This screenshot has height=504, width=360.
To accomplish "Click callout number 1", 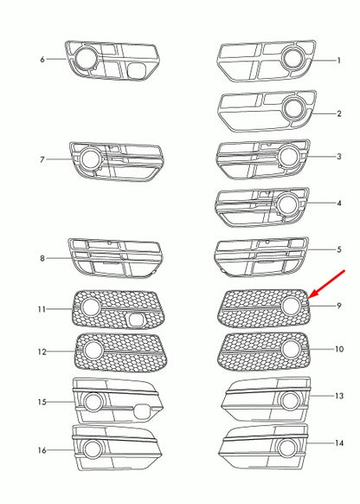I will click(x=339, y=61).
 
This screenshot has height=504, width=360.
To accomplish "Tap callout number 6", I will click(x=42, y=59).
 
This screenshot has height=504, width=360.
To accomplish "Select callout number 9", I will click(x=339, y=306).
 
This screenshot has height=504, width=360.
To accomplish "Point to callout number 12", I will click(x=42, y=352).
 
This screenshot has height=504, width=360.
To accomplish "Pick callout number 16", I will click(x=42, y=450).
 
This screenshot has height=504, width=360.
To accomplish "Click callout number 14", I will click(x=339, y=443).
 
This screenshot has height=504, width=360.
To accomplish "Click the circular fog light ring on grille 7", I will click(x=90, y=158).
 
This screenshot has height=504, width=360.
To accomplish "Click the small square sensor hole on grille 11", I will click(x=136, y=320).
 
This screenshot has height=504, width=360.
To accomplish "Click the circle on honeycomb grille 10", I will click(x=290, y=349).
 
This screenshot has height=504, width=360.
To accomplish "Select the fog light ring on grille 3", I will click(x=288, y=156).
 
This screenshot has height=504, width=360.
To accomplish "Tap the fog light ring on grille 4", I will click(x=288, y=204).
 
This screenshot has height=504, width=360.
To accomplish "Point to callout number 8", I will click(x=42, y=258).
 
